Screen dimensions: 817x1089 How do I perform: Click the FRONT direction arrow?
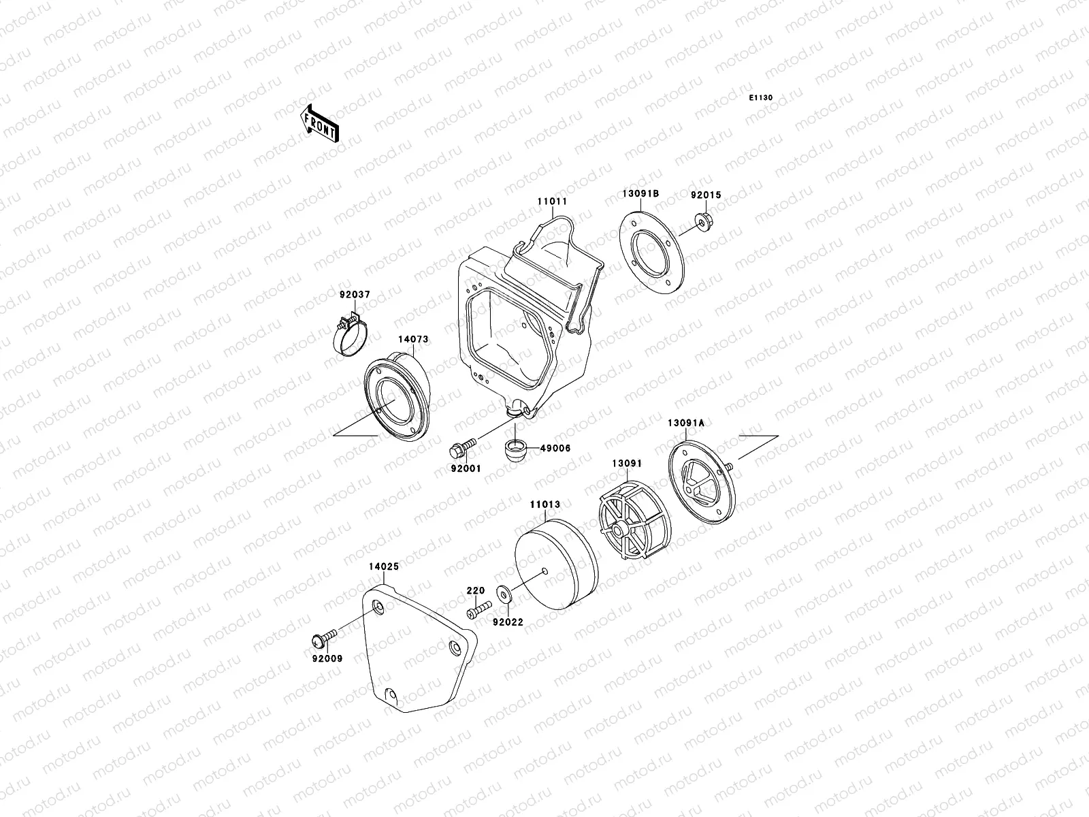319,123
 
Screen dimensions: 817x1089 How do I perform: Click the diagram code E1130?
761,98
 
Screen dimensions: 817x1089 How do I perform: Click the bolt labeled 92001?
460,450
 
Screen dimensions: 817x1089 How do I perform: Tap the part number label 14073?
413,338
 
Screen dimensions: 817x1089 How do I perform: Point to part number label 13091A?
685,423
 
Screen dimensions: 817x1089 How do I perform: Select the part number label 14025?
384,566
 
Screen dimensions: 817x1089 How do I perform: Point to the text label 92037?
355,295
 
